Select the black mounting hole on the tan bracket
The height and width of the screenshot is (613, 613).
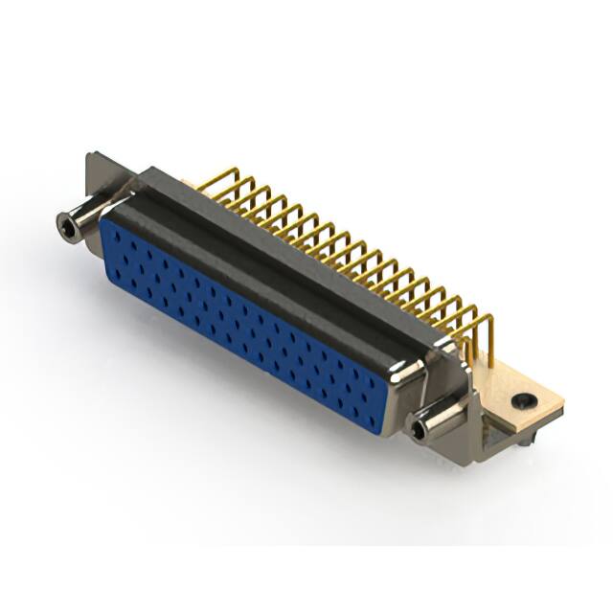[522, 401]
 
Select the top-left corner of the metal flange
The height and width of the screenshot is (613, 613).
[89, 156]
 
